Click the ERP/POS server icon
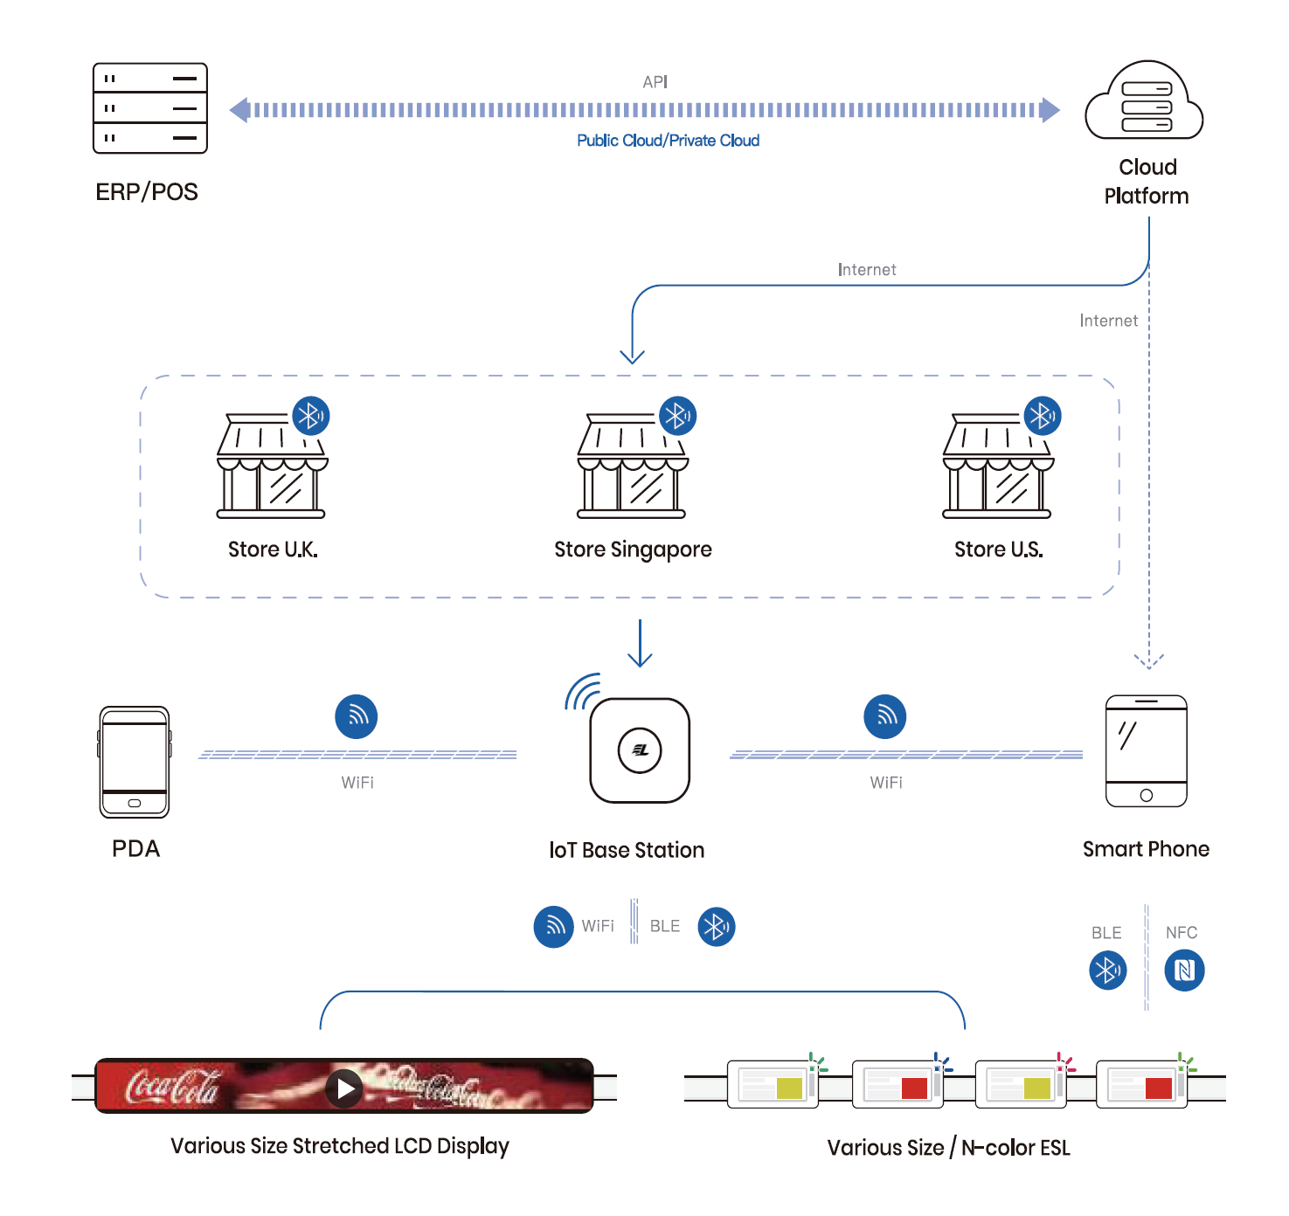(x=150, y=108)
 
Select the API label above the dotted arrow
(x=655, y=82)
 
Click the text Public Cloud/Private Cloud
(x=668, y=141)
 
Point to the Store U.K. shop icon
(x=271, y=466)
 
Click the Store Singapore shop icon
(x=632, y=466)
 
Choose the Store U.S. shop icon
(x=997, y=466)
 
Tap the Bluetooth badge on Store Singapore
(x=677, y=416)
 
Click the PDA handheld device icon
(x=135, y=762)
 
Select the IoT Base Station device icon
(x=640, y=750)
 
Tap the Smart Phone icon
(x=1146, y=750)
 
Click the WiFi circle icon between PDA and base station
(x=357, y=716)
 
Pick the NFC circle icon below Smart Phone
(x=1184, y=970)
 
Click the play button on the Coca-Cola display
(x=345, y=1088)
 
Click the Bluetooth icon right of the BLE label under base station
(x=716, y=927)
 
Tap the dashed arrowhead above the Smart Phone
(x=1148, y=660)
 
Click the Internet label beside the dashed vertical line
(x=1108, y=321)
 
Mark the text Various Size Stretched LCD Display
(x=339, y=1146)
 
